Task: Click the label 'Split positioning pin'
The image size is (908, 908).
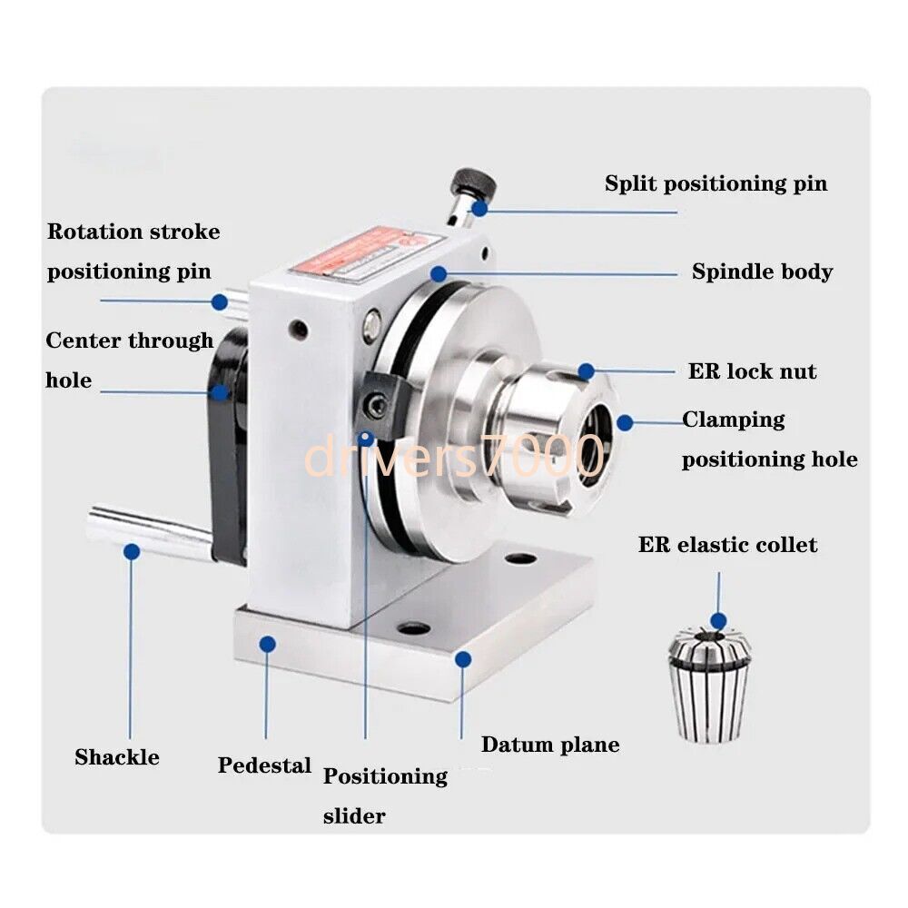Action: (x=716, y=184)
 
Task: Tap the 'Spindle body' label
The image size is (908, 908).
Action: (x=762, y=271)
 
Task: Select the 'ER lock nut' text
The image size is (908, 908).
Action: (x=752, y=371)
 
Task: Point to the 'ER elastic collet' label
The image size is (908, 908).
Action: (x=727, y=545)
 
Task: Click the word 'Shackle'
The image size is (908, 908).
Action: (x=117, y=757)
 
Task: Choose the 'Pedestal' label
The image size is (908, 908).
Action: (x=264, y=765)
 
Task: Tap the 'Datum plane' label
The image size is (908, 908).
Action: (x=550, y=745)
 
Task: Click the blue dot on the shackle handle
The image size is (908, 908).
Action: (x=132, y=551)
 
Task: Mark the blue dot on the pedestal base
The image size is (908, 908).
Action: (x=267, y=644)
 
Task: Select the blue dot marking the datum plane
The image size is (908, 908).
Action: (x=462, y=660)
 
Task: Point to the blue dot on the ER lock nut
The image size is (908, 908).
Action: (x=586, y=370)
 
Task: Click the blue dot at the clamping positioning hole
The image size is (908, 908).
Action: (x=625, y=422)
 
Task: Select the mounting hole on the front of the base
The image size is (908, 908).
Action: (x=413, y=628)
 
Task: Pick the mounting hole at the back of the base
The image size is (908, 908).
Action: (x=519, y=558)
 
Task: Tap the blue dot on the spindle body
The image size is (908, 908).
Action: (x=439, y=273)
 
